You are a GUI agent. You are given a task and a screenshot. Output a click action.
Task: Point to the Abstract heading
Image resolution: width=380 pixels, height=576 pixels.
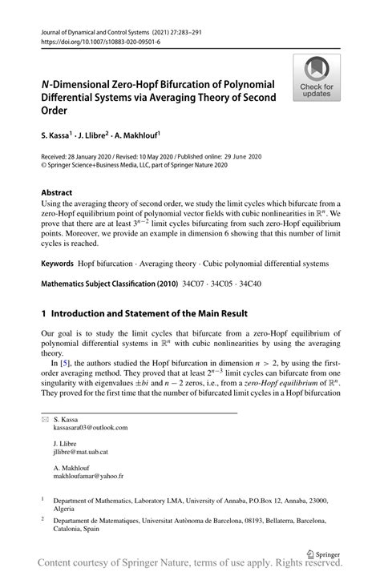pyautogui.click(x=57, y=192)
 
